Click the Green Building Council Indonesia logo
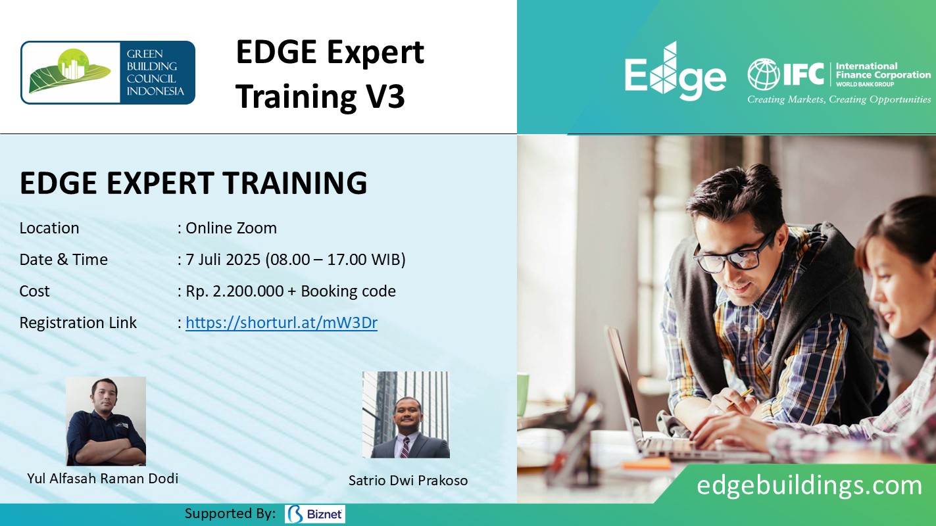108,72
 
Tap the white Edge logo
676,71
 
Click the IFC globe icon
764,74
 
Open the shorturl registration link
282,323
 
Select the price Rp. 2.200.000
234,291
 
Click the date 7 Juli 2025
223,260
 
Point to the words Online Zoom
231,228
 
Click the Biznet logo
315,514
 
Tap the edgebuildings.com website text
809,485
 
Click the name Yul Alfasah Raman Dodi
103,479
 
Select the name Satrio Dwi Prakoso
408,481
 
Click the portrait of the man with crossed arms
106,421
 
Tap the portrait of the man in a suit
406,415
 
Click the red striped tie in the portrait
404,447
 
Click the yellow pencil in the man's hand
741,397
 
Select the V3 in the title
384,96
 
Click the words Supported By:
230,514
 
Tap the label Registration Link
78,323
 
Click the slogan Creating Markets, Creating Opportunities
839,99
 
